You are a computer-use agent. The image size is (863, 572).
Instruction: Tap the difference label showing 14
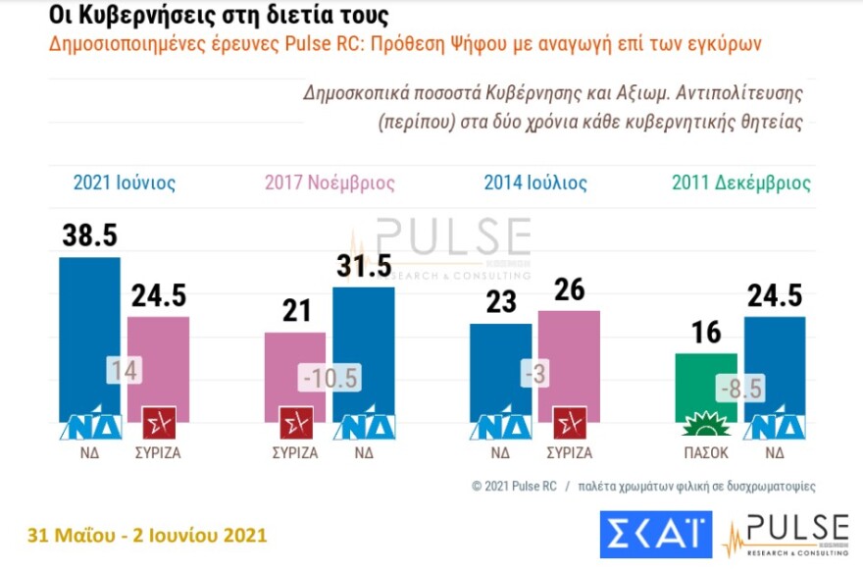[124, 370]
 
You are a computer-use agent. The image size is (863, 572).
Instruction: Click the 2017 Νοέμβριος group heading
[330, 182]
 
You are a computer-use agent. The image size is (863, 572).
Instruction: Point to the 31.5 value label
[364, 265]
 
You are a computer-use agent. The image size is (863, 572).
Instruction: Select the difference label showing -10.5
[330, 376]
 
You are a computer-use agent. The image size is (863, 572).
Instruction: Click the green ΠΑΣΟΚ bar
[707, 383]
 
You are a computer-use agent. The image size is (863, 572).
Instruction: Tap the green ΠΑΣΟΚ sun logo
[707, 427]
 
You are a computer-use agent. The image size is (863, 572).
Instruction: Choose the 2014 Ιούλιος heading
[535, 182]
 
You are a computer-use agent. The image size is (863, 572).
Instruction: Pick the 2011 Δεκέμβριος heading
[741, 182]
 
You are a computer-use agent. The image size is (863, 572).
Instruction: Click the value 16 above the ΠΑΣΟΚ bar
[706, 332]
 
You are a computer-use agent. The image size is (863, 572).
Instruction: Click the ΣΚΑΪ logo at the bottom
[654, 535]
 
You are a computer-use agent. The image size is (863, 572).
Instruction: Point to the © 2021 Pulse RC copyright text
[514, 486]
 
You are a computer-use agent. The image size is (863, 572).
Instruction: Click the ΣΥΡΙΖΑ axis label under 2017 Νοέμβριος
[295, 452]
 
